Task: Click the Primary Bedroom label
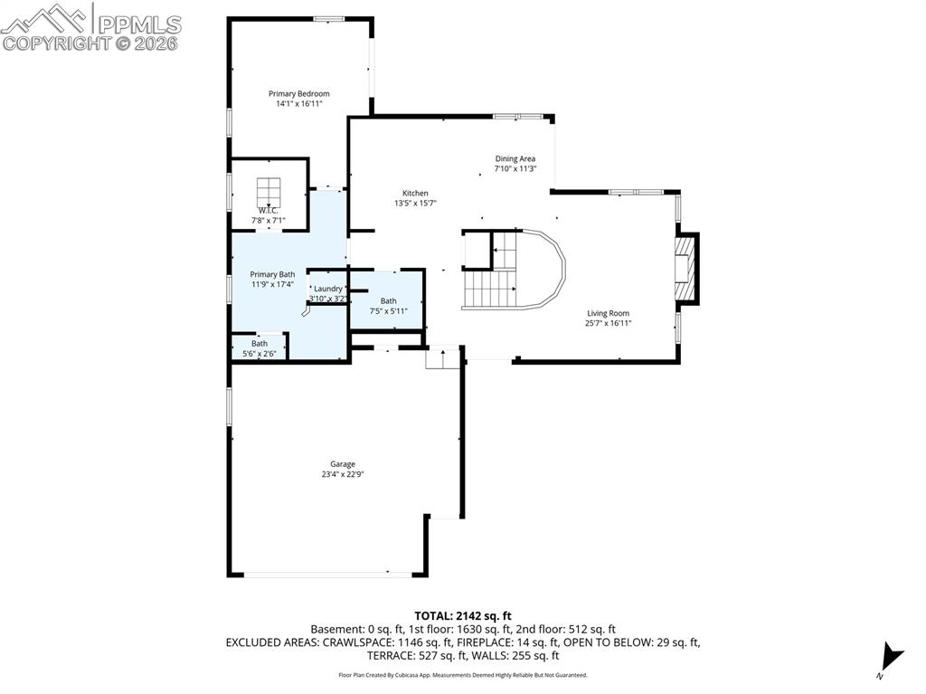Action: (298, 93)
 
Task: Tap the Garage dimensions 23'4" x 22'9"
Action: (342, 474)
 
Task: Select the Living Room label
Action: (608, 313)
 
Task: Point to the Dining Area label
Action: (515, 158)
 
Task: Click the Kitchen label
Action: (415, 193)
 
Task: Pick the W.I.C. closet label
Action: (268, 210)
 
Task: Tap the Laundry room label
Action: (328, 289)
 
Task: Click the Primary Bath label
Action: (272, 274)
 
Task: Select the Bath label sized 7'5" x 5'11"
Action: (388, 301)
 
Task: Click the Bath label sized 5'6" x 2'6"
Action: (260, 344)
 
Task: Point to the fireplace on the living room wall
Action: (686, 267)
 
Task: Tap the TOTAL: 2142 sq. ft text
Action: (462, 616)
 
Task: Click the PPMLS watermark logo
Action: (90, 25)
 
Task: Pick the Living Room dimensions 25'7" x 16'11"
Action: (608, 323)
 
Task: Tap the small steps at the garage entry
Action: (443, 358)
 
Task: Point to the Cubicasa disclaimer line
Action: (462, 675)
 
